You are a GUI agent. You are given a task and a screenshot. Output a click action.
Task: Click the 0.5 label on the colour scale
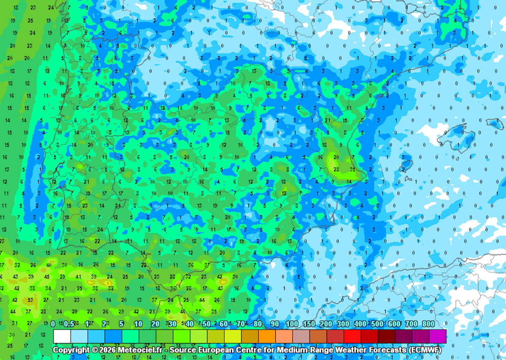point(69,324)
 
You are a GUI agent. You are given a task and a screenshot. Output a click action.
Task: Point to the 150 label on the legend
point(309,324)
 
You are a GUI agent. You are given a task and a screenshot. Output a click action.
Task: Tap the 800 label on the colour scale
point(428,324)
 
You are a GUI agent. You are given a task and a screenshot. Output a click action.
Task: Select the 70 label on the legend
point(241,324)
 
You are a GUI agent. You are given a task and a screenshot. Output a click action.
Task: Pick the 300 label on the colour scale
point(343,324)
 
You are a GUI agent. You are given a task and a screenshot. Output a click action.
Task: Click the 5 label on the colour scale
point(121,324)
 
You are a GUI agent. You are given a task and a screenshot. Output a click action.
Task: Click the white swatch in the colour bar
point(62,336)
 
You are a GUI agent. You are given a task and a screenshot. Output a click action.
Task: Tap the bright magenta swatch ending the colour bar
point(438,336)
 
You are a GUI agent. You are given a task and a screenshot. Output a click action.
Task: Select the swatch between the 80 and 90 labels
point(267,336)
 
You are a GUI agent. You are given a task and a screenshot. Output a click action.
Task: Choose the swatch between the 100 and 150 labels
point(301,336)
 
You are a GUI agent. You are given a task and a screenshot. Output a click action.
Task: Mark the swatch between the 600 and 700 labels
point(404,336)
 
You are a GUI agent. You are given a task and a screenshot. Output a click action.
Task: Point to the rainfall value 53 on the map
point(30,300)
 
